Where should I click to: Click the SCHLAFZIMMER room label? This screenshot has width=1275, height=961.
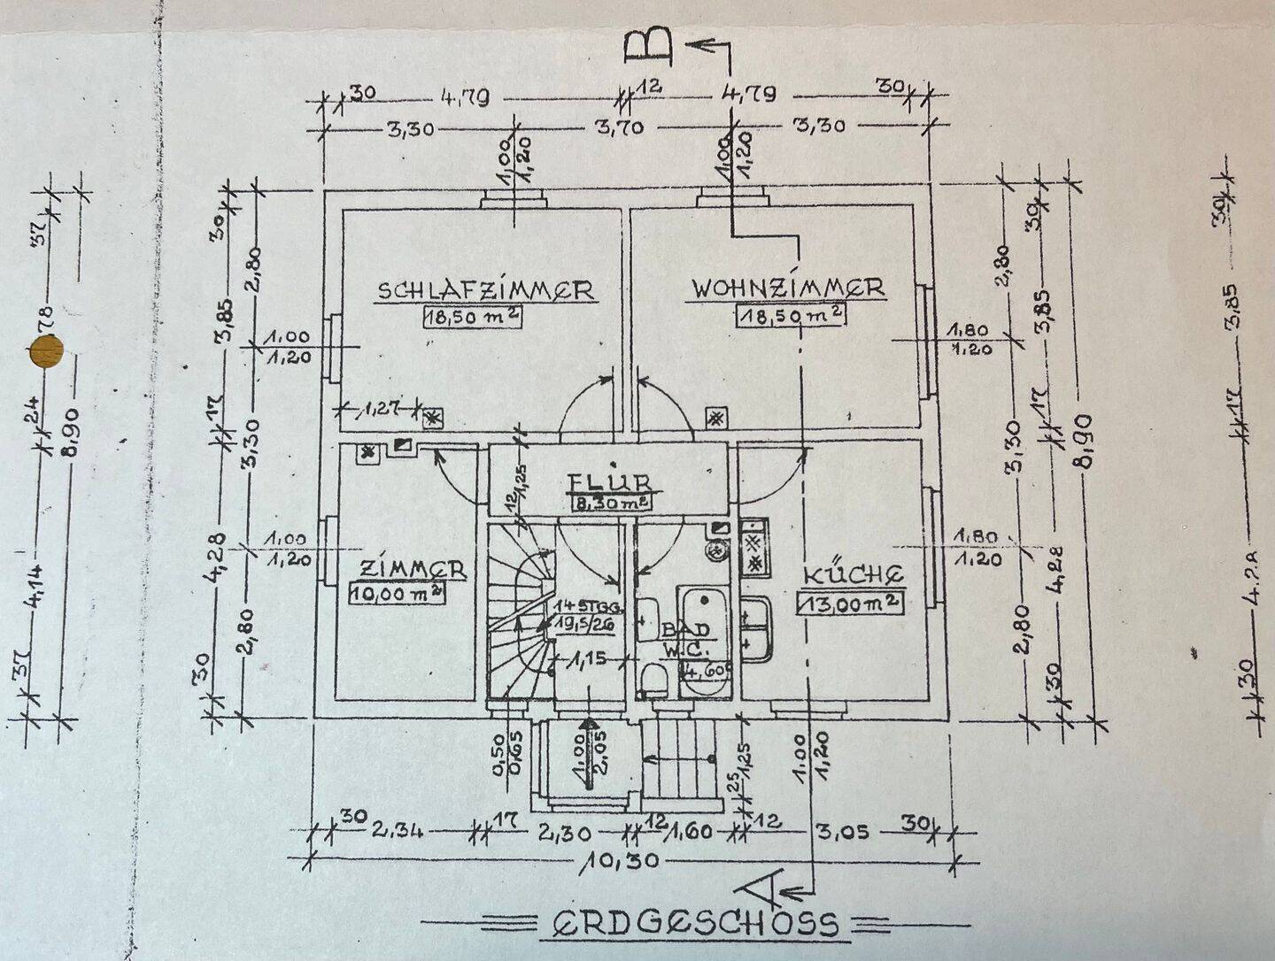click(x=485, y=290)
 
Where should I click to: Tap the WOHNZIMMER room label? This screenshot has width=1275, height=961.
click(x=787, y=288)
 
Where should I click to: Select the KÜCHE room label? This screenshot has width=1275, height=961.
click(x=853, y=574)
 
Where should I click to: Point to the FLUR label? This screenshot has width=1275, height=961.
click(x=611, y=482)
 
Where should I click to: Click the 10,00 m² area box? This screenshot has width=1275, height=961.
click(x=398, y=593)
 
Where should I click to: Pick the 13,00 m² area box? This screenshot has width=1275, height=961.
click(x=851, y=603)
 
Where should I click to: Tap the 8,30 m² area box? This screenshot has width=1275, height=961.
click(x=611, y=503)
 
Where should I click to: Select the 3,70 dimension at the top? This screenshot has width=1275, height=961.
click(x=620, y=128)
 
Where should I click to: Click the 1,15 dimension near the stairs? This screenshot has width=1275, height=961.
click(x=585, y=659)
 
